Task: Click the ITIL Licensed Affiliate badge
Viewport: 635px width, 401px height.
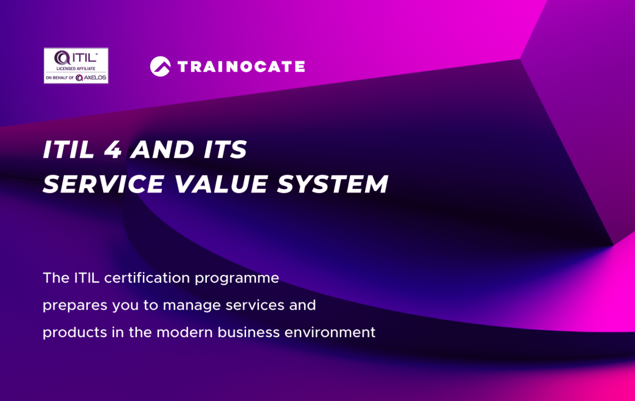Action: (x=76, y=66)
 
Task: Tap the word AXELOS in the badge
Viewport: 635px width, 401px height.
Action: (x=95, y=78)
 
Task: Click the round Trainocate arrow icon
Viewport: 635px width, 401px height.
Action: (x=160, y=67)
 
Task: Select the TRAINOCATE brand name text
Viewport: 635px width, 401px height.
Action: (x=241, y=67)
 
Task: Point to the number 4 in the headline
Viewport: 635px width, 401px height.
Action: (x=114, y=151)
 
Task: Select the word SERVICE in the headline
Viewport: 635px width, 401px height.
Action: (x=104, y=184)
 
